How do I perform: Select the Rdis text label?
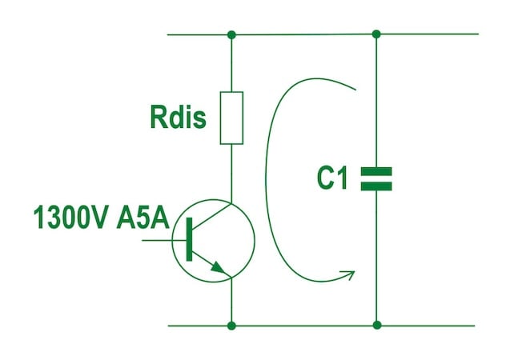179,117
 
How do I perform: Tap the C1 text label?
332,178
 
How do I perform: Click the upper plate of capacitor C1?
376,171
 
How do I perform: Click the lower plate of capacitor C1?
376,186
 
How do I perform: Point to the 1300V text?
71,217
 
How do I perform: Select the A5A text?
143,217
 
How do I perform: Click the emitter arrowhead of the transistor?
218,267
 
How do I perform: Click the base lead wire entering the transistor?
164,241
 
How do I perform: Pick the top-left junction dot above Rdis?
231,34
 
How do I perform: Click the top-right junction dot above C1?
376,34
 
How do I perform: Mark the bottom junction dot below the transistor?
231,326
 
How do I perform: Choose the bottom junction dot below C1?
377,325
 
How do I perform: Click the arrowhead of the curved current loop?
349,274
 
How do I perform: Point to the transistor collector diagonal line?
211,214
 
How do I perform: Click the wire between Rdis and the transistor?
231,174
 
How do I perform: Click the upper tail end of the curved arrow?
356,89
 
